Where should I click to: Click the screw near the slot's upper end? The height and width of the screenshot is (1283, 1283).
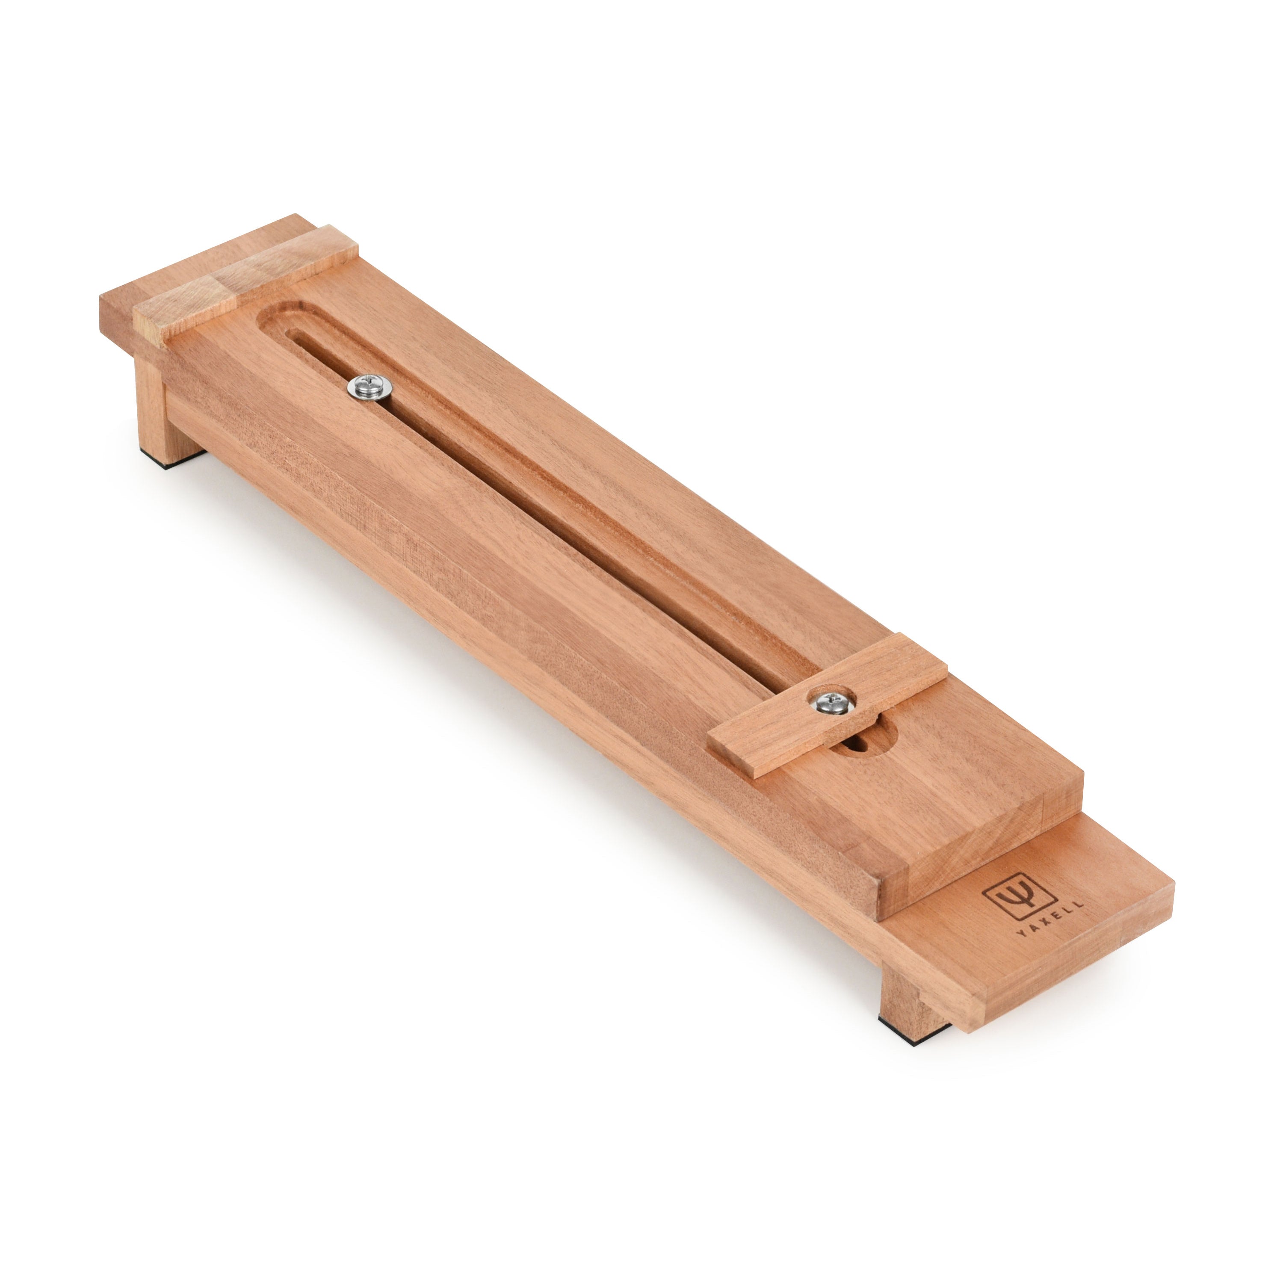click(369, 386)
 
